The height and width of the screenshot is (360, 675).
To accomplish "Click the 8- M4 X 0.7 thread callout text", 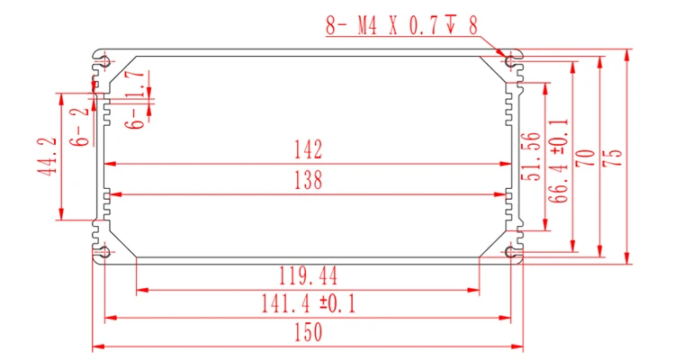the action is pos(401,25).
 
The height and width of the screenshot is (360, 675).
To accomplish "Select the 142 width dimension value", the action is pos(308,149).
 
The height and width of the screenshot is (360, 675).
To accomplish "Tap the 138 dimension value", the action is pos(308,180).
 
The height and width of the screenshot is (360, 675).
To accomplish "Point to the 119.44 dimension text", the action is pos(308,275).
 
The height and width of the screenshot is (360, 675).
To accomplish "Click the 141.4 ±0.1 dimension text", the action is pos(309,303).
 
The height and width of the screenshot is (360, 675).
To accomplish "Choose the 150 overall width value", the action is pos(308,332).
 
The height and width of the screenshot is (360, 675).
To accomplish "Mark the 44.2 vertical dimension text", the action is pos(47,156).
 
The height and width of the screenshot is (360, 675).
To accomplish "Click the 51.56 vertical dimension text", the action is pos(531,157).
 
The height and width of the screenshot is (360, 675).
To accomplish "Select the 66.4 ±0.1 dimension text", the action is pos(559,160).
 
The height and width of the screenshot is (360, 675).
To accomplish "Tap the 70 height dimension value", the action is pos(586,158).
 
